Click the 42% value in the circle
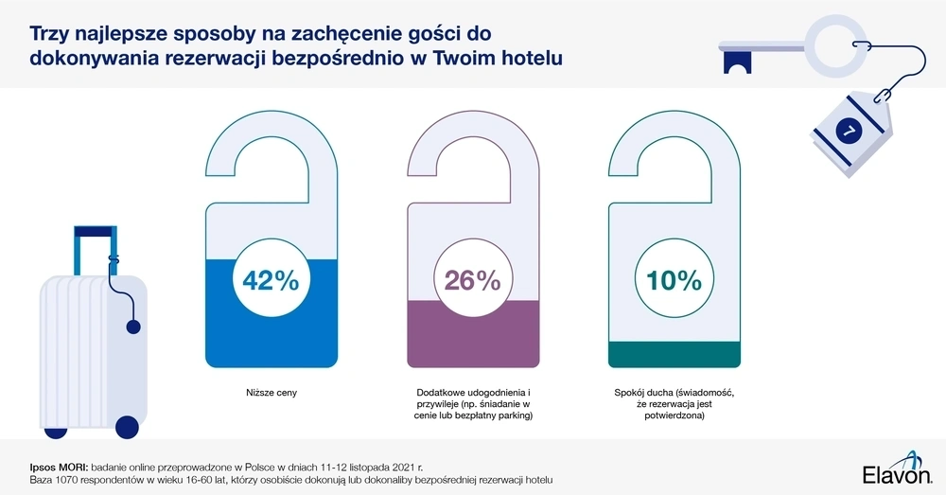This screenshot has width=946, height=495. (271, 281)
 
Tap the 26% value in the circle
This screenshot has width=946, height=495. (473, 281)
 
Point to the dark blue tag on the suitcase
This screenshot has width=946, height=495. (132, 327)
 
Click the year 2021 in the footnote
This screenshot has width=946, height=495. (383, 466)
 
